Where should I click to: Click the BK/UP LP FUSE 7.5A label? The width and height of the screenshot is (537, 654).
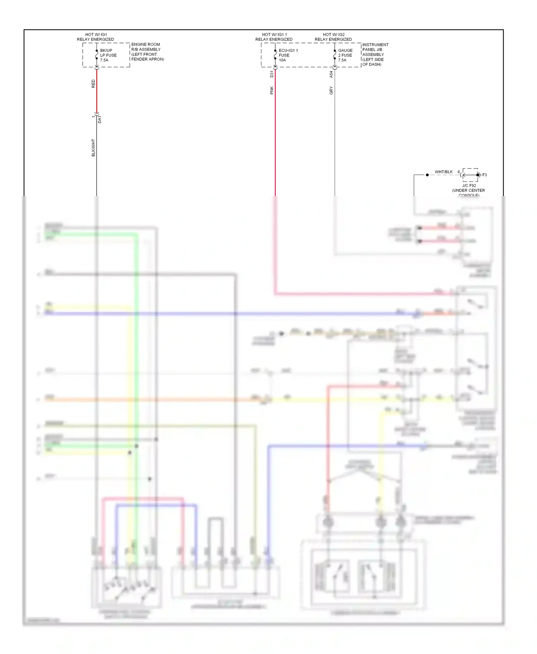pyautogui.click(x=108, y=55)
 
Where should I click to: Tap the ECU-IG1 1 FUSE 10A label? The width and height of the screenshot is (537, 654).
pyautogui.click(x=288, y=55)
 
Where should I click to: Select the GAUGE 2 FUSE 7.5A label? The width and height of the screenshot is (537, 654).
pyautogui.click(x=345, y=55)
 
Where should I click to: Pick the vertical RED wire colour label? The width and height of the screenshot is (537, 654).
pyautogui.click(x=93, y=84)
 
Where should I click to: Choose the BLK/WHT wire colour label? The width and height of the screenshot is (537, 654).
pyautogui.click(x=93, y=148)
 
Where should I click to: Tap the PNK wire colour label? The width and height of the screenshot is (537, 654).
pyautogui.click(x=272, y=90)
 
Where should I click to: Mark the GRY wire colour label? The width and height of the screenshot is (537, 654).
pyautogui.click(x=331, y=91)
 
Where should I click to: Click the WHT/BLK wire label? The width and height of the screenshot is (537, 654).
pyautogui.click(x=444, y=172)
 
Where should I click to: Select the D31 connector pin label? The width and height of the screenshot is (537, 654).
pyautogui.click(x=272, y=74)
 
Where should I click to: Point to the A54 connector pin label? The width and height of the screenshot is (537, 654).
pyautogui.click(x=331, y=74)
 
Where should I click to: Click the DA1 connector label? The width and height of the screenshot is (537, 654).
pyautogui.click(x=100, y=119)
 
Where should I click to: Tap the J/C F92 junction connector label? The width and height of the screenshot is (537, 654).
pyautogui.click(x=469, y=186)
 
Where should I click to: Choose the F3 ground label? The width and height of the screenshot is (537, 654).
pyautogui.click(x=484, y=175)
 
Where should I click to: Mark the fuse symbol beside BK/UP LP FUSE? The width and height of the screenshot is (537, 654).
pyautogui.click(x=97, y=55)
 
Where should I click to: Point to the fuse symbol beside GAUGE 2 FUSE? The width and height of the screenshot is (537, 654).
pyautogui.click(x=335, y=55)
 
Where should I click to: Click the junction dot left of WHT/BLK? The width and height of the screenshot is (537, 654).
pyautogui.click(x=427, y=175)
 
